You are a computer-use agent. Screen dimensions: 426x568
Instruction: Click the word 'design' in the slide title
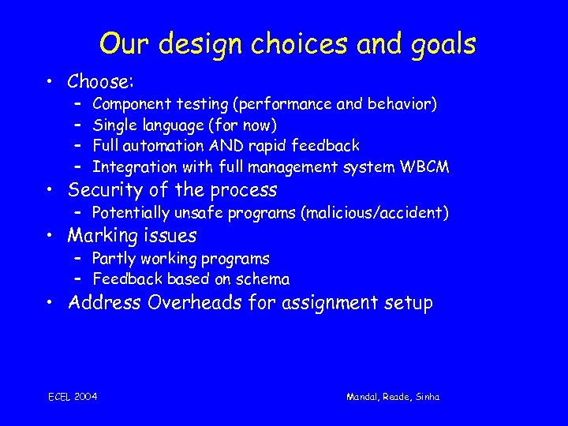click(x=188, y=44)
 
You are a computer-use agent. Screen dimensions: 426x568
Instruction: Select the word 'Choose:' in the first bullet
click(x=100, y=81)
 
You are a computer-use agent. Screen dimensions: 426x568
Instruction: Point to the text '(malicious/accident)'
click(x=376, y=213)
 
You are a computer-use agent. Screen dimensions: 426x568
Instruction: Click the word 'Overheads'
click(x=194, y=303)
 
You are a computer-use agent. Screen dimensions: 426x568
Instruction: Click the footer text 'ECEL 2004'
click(x=73, y=397)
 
